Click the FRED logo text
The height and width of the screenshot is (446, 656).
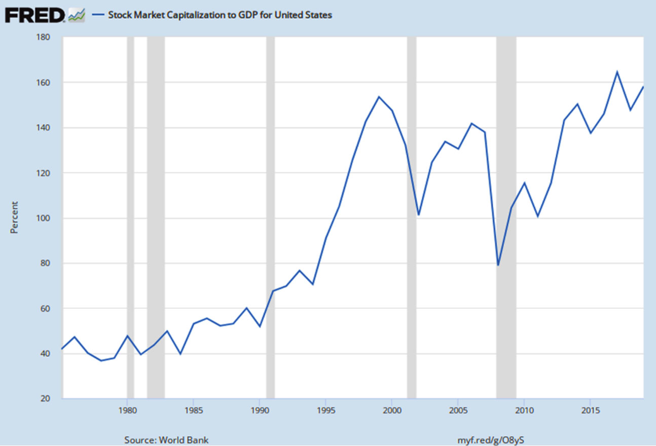pos(34,15)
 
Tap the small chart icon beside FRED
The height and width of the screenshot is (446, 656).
pos(77,15)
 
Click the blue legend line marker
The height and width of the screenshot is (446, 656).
pos(98,15)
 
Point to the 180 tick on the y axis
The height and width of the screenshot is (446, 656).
pos(43,37)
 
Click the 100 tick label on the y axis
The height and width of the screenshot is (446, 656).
pos(43,218)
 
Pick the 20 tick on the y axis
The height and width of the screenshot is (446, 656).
pos(46,398)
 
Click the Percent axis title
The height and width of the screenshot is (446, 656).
pos(14,217)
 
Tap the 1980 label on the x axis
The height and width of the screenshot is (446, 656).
pos(127,411)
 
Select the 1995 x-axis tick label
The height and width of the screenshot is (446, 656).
pos(325,411)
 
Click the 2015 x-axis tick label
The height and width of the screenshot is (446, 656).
pos(591,411)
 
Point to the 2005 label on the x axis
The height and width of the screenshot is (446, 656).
pos(458,411)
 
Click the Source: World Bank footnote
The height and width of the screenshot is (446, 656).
pos(166,440)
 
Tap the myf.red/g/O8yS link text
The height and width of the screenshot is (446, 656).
pos(491,440)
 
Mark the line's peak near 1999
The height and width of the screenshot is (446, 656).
pos(379,97)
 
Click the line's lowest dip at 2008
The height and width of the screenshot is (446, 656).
pos(498,265)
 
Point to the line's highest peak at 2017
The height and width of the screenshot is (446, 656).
pos(617,72)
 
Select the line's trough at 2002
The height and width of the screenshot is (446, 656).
pos(419,215)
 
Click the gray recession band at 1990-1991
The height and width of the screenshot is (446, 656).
pos(270,217)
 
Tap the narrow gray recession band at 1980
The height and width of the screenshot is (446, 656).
pos(130,217)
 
